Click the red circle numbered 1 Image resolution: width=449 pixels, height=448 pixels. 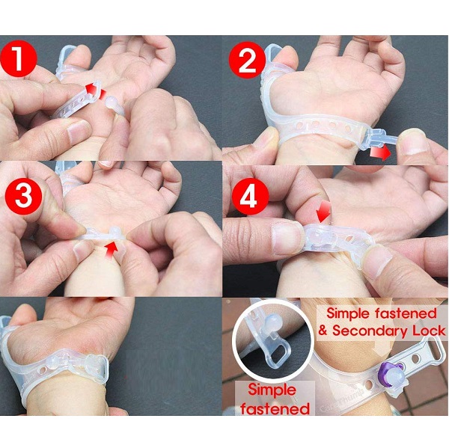(x=18, y=58)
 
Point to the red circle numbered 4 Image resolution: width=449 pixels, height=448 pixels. (x=250, y=197)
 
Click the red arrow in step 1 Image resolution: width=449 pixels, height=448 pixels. (x=96, y=90)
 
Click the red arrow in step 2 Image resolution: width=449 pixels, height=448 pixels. (x=379, y=153)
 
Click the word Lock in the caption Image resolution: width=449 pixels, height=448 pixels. (x=429, y=331)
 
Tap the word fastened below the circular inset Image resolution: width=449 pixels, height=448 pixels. (x=275, y=408)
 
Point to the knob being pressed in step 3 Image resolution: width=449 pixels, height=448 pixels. (x=114, y=232)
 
